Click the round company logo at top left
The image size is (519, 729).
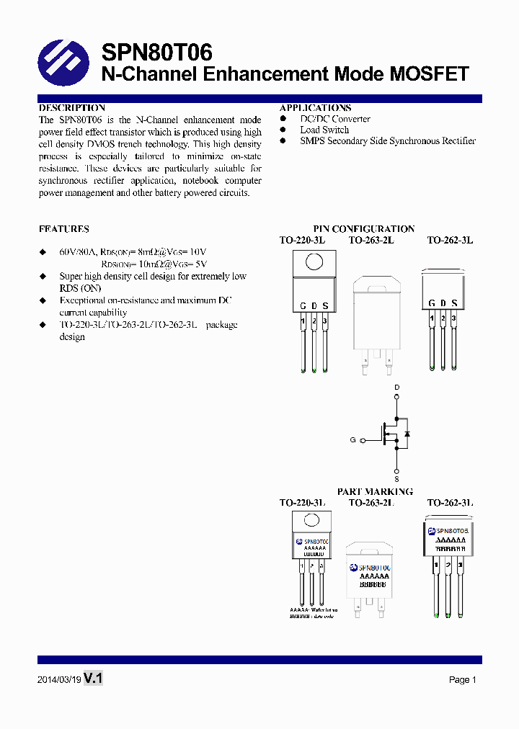click(x=63, y=63)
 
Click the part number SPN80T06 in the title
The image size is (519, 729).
click(x=156, y=53)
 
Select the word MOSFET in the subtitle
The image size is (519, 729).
click(x=428, y=74)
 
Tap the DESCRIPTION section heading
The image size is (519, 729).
click(x=72, y=108)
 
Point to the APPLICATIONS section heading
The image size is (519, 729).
click(x=315, y=108)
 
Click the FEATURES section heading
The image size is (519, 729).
click(x=64, y=229)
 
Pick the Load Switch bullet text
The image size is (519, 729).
click(x=324, y=130)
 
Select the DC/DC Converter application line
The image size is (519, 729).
click(x=335, y=119)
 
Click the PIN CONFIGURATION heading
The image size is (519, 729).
click(x=363, y=229)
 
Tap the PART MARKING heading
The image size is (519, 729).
click(x=375, y=491)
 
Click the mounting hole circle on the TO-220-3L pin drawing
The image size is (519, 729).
click(x=314, y=261)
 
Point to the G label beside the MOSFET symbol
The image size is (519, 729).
click(x=352, y=439)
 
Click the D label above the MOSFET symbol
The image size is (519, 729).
click(x=396, y=388)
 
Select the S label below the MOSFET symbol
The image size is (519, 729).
click(x=396, y=478)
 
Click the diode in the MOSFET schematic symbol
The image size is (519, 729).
click(x=407, y=434)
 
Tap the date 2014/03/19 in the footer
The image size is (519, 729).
click(x=58, y=679)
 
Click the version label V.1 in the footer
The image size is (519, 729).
click(x=94, y=678)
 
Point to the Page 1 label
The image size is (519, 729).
click(x=462, y=679)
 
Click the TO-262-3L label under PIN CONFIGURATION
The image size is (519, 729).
click(x=450, y=240)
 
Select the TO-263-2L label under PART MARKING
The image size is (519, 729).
click(x=371, y=502)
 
